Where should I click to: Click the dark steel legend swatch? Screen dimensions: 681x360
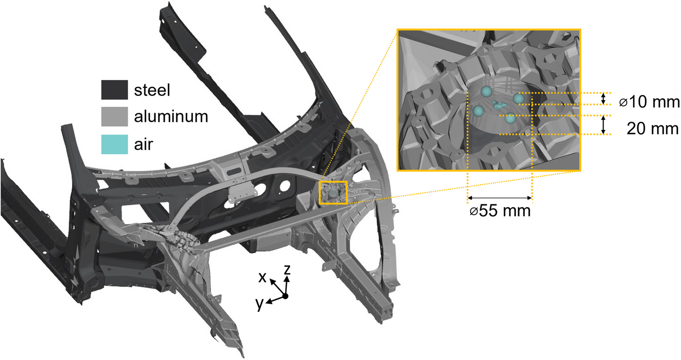114,90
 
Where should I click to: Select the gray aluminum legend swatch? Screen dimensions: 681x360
114,117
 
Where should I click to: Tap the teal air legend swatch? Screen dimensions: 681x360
114,144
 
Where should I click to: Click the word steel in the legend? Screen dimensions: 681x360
152,90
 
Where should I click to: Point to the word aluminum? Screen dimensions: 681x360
171,117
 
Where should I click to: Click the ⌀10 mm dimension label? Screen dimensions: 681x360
649,102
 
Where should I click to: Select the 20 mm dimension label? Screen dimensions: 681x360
652,128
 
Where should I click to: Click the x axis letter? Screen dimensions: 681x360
262,277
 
